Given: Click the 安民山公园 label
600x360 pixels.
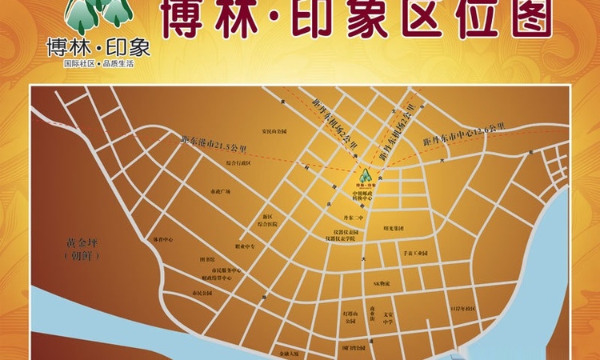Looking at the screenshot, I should point(274,130).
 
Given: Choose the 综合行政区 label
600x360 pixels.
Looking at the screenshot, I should point(238,162).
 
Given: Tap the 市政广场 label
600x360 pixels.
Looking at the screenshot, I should point(220,192).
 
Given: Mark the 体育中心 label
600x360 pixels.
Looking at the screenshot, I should point(163,238).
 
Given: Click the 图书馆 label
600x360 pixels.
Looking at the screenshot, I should point(207,259).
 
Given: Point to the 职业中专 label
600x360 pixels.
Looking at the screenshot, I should point(245,246).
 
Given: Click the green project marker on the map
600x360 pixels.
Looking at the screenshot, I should point(365,175).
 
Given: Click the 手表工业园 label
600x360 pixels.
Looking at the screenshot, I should point(416,253).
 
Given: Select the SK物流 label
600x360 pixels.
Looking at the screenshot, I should point(382,282).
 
